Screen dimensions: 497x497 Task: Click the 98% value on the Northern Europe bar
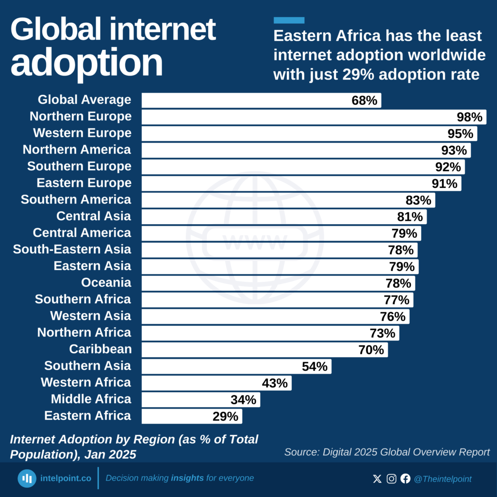469,117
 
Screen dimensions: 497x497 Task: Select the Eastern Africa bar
191,416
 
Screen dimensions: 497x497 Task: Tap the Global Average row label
84,100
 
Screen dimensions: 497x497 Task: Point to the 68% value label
364,100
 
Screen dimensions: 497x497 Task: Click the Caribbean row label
100,349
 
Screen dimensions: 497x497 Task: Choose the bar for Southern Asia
236,366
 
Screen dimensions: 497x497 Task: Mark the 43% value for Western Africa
275,383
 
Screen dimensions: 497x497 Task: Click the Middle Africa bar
200,399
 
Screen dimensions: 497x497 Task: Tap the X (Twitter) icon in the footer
377,479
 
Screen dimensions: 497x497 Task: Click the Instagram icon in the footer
391,479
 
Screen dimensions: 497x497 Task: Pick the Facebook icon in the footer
405,479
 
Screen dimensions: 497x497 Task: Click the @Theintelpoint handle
442,479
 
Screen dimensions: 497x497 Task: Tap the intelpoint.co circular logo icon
27,479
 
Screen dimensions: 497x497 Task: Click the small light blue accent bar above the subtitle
289,20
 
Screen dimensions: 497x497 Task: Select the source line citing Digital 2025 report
387,452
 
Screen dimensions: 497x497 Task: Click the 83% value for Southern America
418,200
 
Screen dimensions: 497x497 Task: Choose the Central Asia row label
94,216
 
